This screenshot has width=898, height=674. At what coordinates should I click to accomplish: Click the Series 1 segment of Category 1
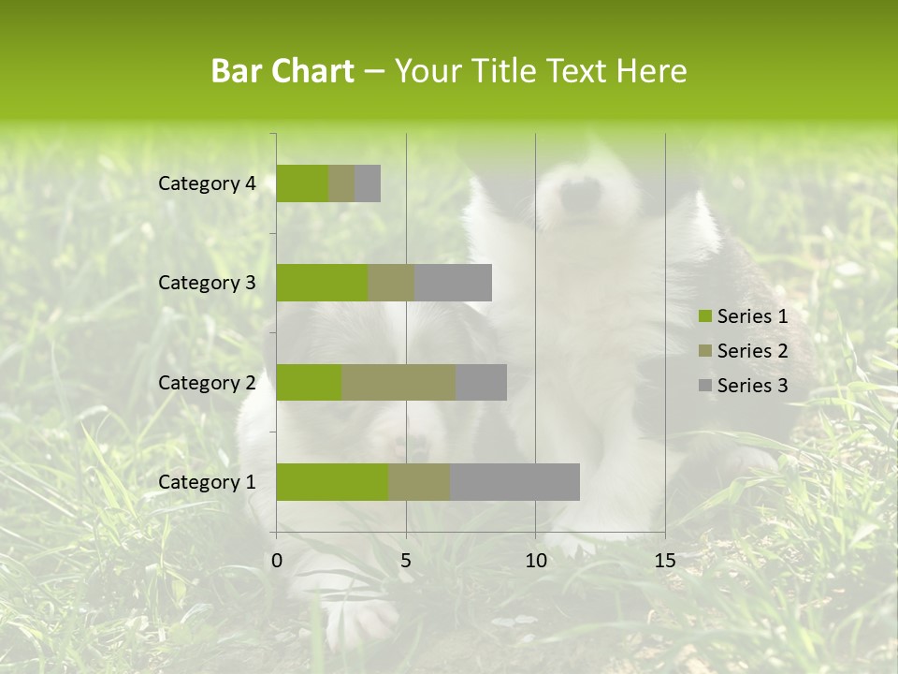pos(332,482)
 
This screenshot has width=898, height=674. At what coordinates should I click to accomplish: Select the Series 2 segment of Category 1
pos(419,482)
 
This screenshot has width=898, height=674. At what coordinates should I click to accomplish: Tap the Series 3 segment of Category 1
pos(514,482)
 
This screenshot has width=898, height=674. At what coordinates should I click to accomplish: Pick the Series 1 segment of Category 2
pos(309,382)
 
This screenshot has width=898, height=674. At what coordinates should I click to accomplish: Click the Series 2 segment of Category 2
pos(398,382)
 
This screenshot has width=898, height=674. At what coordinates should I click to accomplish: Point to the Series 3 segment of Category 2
pos(481,382)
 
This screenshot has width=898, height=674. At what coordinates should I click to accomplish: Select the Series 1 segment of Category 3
pos(322,283)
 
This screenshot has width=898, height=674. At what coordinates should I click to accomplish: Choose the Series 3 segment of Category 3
pos(453,283)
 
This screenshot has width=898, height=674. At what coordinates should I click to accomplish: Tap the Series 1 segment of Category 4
pos(302,183)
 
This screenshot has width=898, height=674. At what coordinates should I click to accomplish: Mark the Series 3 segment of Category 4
pos(368,183)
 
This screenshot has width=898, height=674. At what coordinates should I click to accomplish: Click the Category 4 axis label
pos(207,183)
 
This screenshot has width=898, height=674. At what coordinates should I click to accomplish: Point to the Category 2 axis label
pos(207,382)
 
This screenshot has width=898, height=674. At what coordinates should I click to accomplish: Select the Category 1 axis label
pos(207,482)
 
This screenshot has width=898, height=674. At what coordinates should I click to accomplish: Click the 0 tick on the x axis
pos(277,561)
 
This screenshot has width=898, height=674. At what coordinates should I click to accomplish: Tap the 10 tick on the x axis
pos(535,561)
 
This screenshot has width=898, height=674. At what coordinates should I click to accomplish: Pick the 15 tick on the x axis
pos(664,561)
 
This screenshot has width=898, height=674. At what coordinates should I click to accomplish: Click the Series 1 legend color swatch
pos(705,316)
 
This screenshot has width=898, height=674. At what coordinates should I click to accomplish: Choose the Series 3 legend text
pos(752,386)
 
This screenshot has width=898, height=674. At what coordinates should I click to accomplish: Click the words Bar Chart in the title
pos(282,71)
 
